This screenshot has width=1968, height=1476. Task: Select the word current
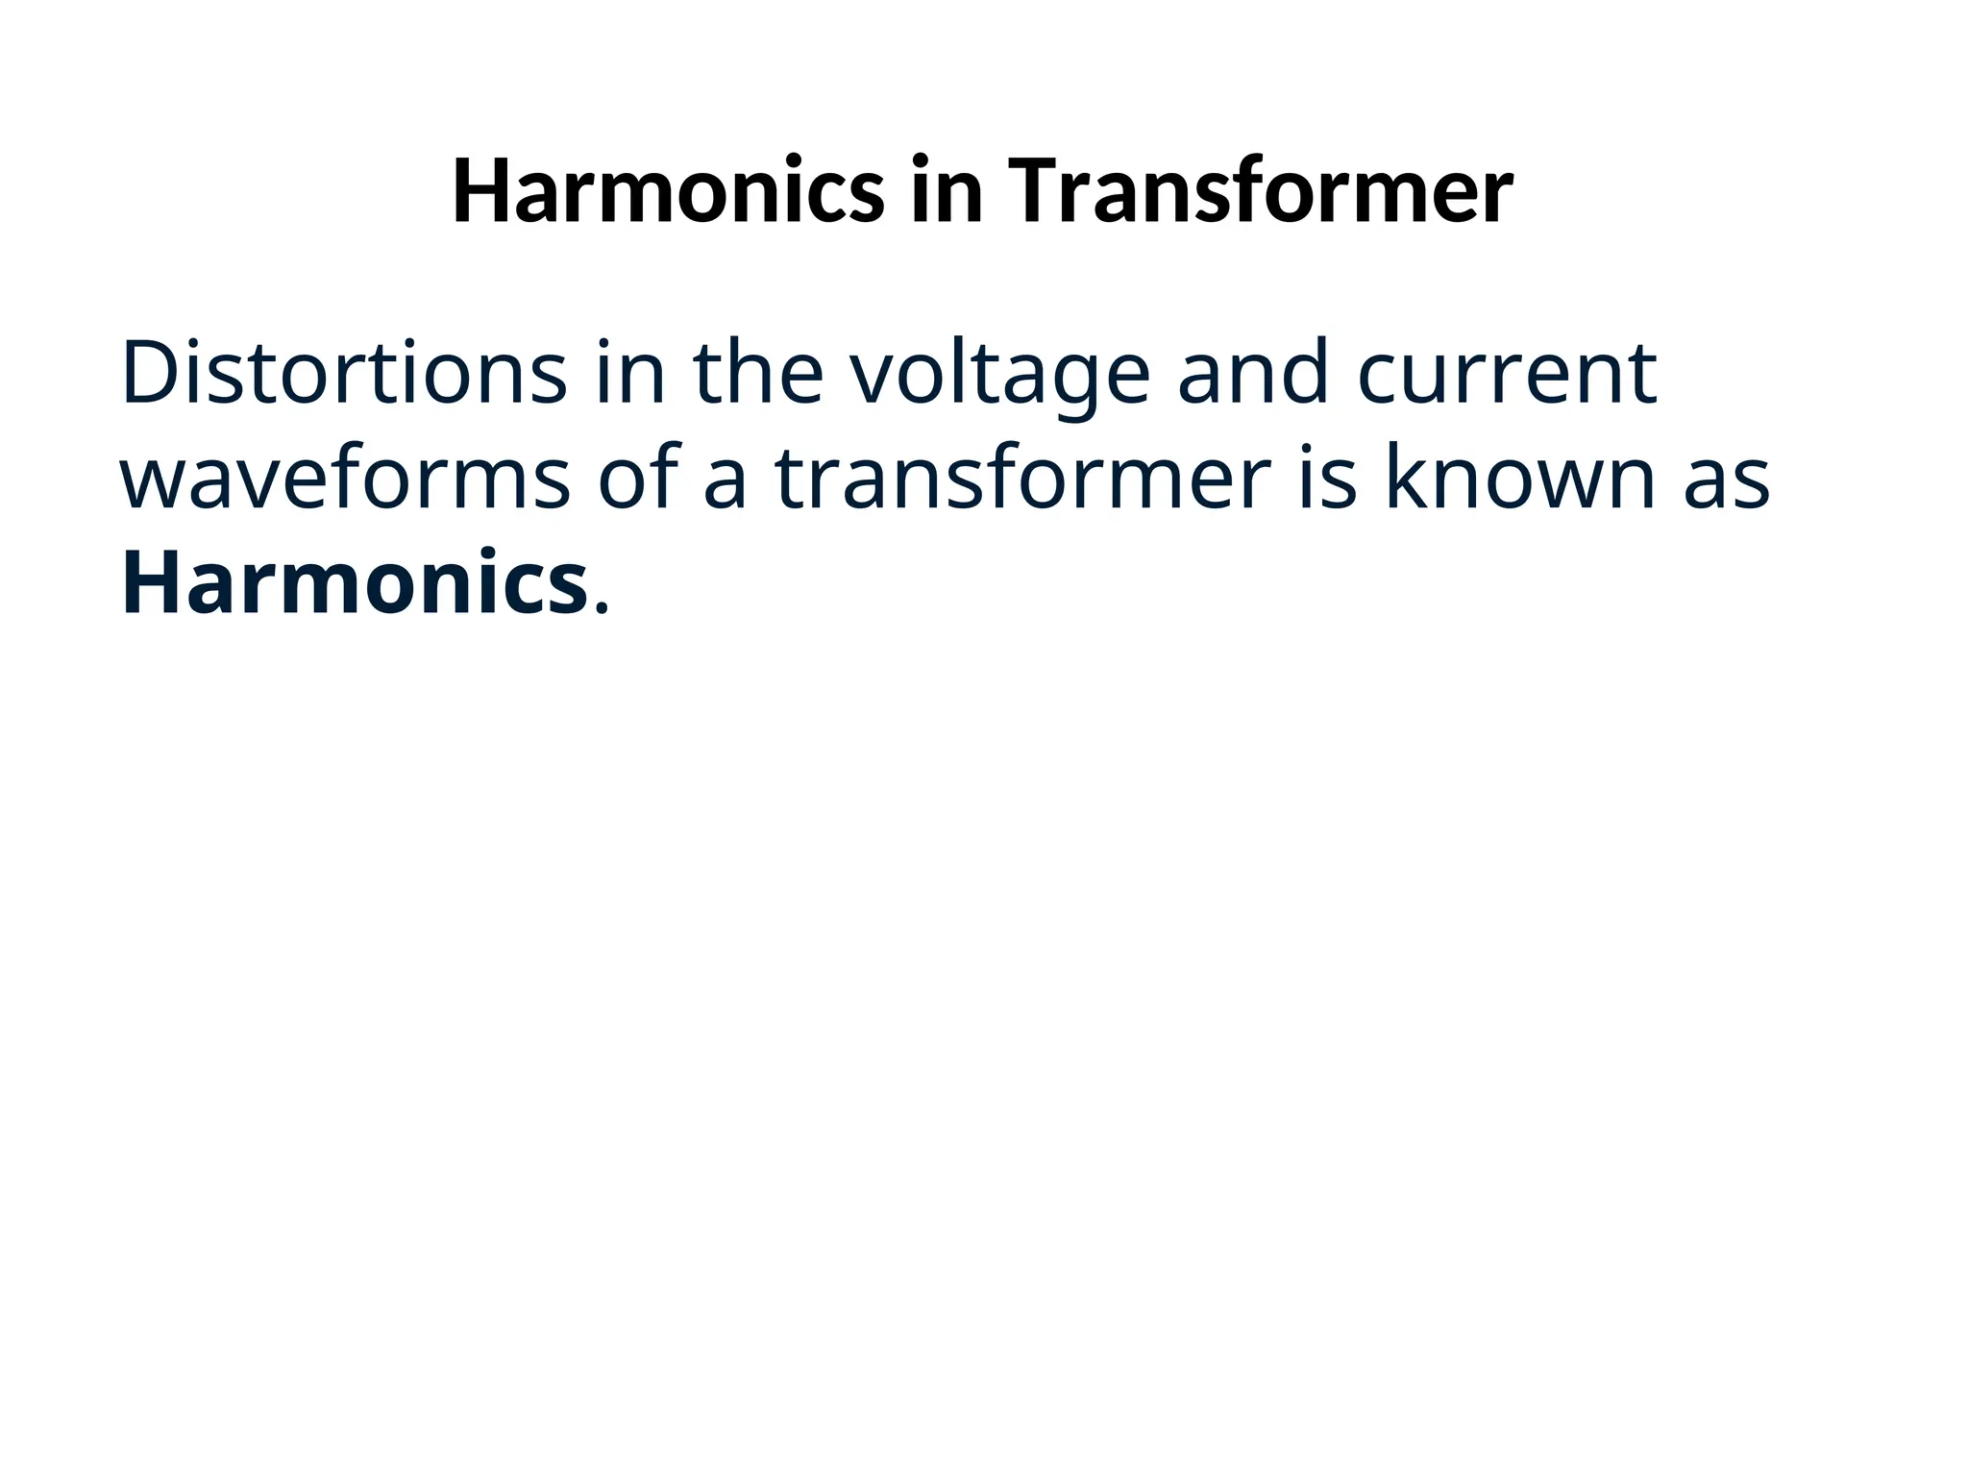point(1508,375)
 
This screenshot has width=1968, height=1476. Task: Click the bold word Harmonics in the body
point(355,583)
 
